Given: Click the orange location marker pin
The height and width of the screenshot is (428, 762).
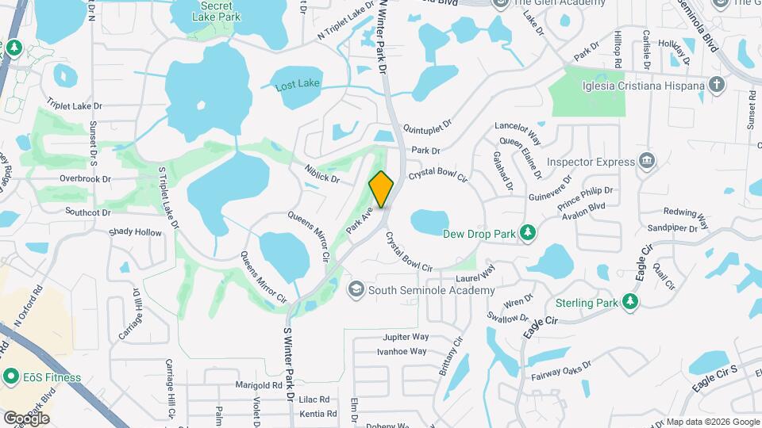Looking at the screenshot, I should [382, 189].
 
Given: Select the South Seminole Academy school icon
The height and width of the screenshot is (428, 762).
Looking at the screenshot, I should [356, 290].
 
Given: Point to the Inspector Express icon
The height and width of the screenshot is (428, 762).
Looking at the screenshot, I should [647, 162].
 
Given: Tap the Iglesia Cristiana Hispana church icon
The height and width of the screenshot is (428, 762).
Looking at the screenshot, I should [717, 86].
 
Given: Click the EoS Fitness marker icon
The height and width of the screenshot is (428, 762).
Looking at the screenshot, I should [11, 377].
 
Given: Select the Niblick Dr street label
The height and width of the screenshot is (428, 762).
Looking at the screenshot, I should [322, 174].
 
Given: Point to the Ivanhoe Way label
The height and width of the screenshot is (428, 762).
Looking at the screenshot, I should [402, 351].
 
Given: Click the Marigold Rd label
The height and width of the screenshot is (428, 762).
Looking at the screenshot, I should [259, 386].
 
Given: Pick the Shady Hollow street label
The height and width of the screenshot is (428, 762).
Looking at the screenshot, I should [135, 232].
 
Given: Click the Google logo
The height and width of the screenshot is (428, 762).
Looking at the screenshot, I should [25, 418].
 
